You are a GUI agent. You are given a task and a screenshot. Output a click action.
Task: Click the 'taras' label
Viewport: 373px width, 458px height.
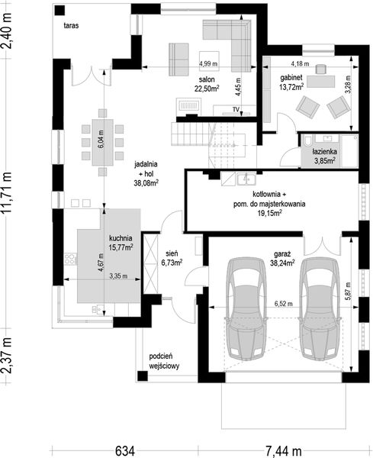(x=71, y=25)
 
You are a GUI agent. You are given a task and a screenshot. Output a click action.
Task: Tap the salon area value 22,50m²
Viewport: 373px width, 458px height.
(x=207, y=89)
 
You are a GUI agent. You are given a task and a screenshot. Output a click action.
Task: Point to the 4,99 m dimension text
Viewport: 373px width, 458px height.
(x=208, y=63)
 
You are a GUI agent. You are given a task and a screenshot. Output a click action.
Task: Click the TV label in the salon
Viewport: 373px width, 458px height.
(x=236, y=109)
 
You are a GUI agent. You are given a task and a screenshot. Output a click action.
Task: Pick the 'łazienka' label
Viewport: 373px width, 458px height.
(x=324, y=152)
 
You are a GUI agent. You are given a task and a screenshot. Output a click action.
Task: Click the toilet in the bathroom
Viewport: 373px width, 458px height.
(x=307, y=141)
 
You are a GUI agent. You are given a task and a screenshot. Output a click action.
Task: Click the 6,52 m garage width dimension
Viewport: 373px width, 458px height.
(x=284, y=304)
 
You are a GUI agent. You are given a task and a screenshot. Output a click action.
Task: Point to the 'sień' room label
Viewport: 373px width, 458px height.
(x=172, y=254)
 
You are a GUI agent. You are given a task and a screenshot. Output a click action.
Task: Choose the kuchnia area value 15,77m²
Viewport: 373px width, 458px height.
(x=121, y=247)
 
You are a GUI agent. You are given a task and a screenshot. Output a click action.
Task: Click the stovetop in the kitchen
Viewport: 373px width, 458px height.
(x=71, y=259)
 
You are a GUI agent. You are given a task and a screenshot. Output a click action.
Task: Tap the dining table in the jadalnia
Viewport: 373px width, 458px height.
(x=102, y=142)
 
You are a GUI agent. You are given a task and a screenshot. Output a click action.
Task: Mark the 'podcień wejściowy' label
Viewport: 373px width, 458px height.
(x=164, y=361)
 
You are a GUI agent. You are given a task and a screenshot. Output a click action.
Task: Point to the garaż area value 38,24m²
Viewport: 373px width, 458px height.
(x=282, y=263)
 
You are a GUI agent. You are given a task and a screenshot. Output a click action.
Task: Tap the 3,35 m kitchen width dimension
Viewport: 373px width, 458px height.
(x=118, y=276)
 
